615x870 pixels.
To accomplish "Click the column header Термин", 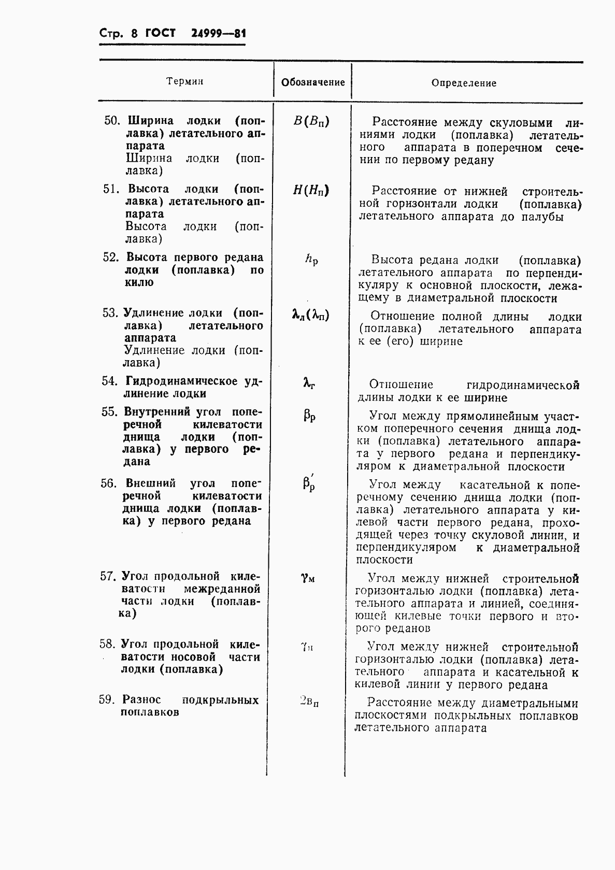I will (184, 81).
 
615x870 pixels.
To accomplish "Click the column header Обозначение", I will (312, 82).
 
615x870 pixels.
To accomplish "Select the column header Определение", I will (464, 83).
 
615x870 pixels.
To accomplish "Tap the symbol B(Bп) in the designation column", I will (311, 122).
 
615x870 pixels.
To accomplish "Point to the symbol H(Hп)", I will (311, 191).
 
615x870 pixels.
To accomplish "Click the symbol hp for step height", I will (311, 260).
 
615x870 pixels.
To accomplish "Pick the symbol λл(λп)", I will (311, 315).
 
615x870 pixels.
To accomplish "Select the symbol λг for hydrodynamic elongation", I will (309, 383).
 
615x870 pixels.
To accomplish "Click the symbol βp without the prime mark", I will (310, 416).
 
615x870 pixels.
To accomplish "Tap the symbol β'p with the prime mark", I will (309, 484).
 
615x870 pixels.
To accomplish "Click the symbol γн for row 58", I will (307, 647).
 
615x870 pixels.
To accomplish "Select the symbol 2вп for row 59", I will (309, 702).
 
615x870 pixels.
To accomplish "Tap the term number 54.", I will (109, 381).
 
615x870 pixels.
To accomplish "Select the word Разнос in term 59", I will (142, 700).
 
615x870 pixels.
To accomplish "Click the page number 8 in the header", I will (135, 34).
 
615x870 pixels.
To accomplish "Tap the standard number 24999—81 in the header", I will (218, 34).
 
